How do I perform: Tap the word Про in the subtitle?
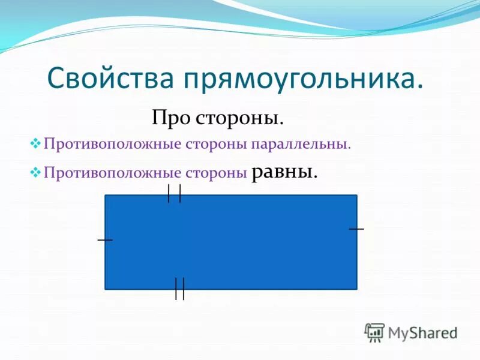[x=171, y=117]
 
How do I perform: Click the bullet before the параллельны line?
[x=35, y=144]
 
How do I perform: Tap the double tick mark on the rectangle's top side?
[x=175, y=194]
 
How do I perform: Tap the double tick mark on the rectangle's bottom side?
[x=179, y=289]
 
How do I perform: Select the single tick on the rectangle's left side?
[x=105, y=240]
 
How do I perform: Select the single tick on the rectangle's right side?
[x=356, y=229]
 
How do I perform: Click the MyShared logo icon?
[x=374, y=332]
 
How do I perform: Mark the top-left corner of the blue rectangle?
[x=106, y=196]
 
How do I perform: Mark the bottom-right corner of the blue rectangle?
[x=356, y=289]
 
